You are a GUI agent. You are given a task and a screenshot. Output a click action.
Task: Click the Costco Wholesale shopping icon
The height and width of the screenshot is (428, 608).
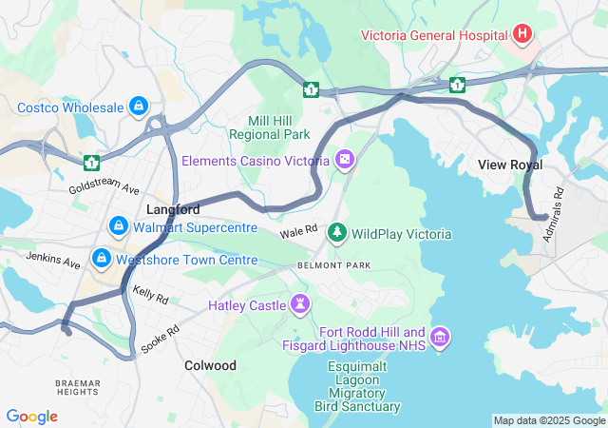pyautogui.click(x=139, y=105)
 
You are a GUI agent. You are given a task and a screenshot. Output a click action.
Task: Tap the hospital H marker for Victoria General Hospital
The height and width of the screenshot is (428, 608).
pyautogui.click(x=522, y=35)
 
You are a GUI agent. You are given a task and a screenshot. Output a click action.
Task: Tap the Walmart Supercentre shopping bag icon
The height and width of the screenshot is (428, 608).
pyautogui.click(x=119, y=227)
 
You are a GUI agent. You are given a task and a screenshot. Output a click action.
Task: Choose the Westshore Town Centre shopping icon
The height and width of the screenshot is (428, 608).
pyautogui.click(x=101, y=259)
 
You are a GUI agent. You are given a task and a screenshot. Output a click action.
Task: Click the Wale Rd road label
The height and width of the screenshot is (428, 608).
pyautogui.click(x=297, y=232)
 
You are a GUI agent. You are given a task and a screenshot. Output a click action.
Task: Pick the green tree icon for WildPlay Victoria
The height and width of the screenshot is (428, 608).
pyautogui.click(x=337, y=233)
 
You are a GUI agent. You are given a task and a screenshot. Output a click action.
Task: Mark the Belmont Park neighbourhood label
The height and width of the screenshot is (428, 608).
pyautogui.click(x=333, y=265)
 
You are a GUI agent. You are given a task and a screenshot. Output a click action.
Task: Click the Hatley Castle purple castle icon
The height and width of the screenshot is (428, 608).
pyautogui.click(x=301, y=305)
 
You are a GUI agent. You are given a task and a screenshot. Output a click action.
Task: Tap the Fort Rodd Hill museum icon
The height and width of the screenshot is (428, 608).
pyautogui.click(x=440, y=337)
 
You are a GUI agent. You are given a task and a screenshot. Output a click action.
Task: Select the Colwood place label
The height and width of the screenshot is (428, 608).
pyautogui.click(x=210, y=365)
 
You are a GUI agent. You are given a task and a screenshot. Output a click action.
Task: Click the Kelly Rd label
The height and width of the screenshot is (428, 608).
pyautogui.click(x=150, y=296)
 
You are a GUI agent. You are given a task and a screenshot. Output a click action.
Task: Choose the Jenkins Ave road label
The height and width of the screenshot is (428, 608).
pyautogui.click(x=54, y=259)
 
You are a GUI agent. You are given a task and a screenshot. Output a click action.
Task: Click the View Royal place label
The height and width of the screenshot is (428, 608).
pyautogui.click(x=510, y=165)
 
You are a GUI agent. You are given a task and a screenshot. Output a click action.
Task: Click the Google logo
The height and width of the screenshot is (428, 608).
pyautogui.click(x=32, y=417)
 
